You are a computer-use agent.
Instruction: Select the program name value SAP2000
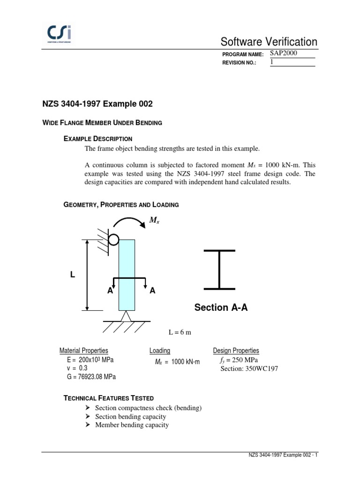(x=284, y=53)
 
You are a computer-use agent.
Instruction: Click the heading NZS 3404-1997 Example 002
(x=97, y=104)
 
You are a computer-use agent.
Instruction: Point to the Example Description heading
(x=98, y=139)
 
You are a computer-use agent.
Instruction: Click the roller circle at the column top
(x=113, y=240)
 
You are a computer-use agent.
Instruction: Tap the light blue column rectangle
(x=127, y=262)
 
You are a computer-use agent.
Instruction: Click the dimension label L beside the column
(x=73, y=275)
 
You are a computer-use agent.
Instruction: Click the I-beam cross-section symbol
(x=219, y=269)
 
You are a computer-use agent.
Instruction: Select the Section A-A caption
(x=221, y=307)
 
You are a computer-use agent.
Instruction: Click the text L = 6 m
(x=180, y=332)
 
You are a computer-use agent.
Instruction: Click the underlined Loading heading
(x=160, y=351)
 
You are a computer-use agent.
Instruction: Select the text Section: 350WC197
(x=249, y=368)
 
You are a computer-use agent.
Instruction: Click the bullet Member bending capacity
(x=132, y=425)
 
